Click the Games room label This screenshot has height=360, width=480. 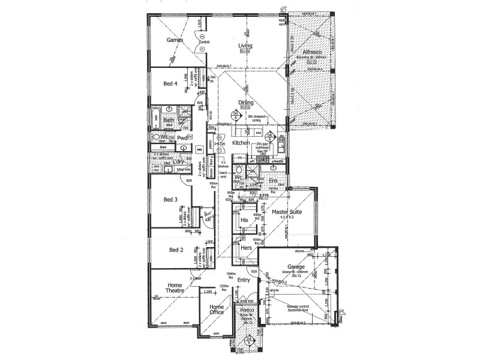174,41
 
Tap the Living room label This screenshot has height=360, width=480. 245,46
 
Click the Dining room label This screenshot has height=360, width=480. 245,103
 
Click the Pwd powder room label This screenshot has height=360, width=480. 182,138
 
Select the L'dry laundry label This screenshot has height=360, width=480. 175,161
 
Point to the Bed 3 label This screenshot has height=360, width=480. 171,199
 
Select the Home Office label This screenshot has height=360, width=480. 217,310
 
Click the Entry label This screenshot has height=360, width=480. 243,280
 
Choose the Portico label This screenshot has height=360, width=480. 247,311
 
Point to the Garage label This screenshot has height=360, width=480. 296,267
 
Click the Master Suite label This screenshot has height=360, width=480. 287,212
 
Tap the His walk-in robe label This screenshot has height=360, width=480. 244,221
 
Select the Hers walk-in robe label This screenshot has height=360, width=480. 246,248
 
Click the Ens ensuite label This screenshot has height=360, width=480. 274,180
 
